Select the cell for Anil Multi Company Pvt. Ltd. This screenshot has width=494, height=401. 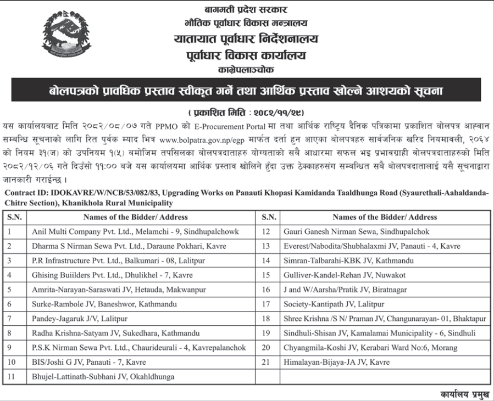(x=135, y=232)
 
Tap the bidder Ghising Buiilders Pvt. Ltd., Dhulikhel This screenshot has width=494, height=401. (x=112, y=275)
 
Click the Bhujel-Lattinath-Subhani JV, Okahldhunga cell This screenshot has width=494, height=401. (x=103, y=376)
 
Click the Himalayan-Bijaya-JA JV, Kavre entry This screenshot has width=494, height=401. (x=336, y=362)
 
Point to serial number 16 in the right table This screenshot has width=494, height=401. (x=267, y=289)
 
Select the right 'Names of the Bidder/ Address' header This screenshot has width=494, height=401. (x=385, y=217)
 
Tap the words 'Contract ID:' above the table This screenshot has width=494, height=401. (x=26, y=193)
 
